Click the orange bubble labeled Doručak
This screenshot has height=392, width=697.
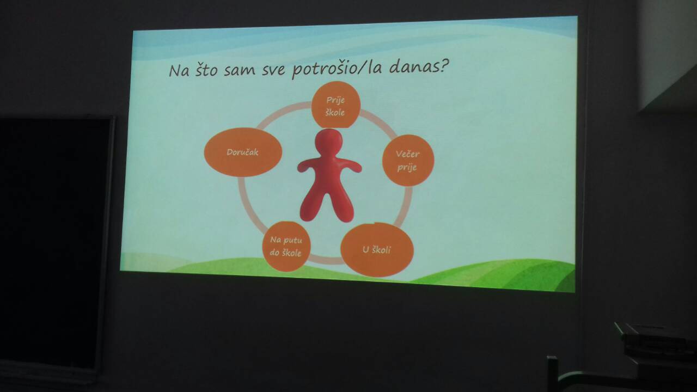pyautogui.click(x=243, y=152)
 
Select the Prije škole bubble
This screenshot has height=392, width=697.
pyautogui.click(x=336, y=105)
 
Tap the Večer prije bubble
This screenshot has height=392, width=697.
pyautogui.click(x=408, y=161)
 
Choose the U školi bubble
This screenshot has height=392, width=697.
pyautogui.click(x=377, y=249)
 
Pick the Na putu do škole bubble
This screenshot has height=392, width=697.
pyautogui.click(x=286, y=247)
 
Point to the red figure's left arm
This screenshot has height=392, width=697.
pyautogui.click(x=308, y=166)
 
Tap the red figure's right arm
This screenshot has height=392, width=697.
pyautogui.click(x=350, y=165)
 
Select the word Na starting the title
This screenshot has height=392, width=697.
pyautogui.click(x=179, y=71)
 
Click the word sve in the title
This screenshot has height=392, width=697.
pyautogui.click(x=273, y=70)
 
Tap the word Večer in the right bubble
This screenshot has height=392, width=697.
pyautogui.click(x=408, y=154)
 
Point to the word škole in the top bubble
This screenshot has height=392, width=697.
pyautogui.click(x=335, y=112)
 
